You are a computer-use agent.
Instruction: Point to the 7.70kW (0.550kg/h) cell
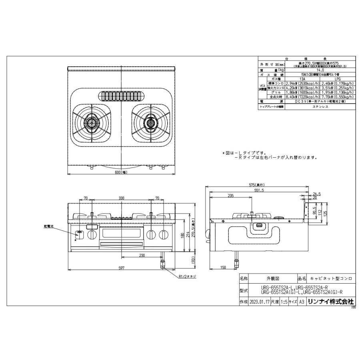[x=337, y=97]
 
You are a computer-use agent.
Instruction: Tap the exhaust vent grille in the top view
[x=121, y=96]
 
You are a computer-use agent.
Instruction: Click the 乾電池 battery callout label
[x=48, y=226]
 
